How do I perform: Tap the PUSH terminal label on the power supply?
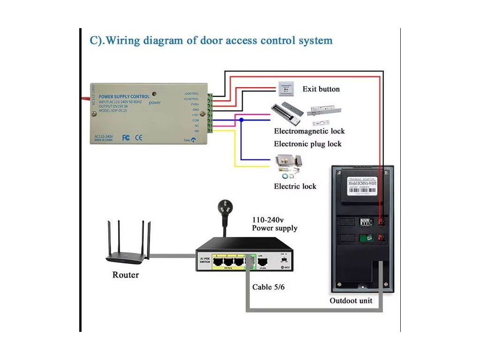tap(195, 104)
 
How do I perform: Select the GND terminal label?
tap(195, 109)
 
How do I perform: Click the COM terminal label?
tap(195, 120)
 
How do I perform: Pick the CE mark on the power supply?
tap(139, 138)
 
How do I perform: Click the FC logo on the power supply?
tap(126, 138)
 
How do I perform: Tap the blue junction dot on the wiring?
tap(241, 120)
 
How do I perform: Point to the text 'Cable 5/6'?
tap(268, 287)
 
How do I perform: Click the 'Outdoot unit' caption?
tap(351, 300)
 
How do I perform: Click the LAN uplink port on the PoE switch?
tap(262, 261)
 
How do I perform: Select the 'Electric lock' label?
tap(295, 186)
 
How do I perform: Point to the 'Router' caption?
tap(125, 275)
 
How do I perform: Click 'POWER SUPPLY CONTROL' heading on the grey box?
tap(124, 97)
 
